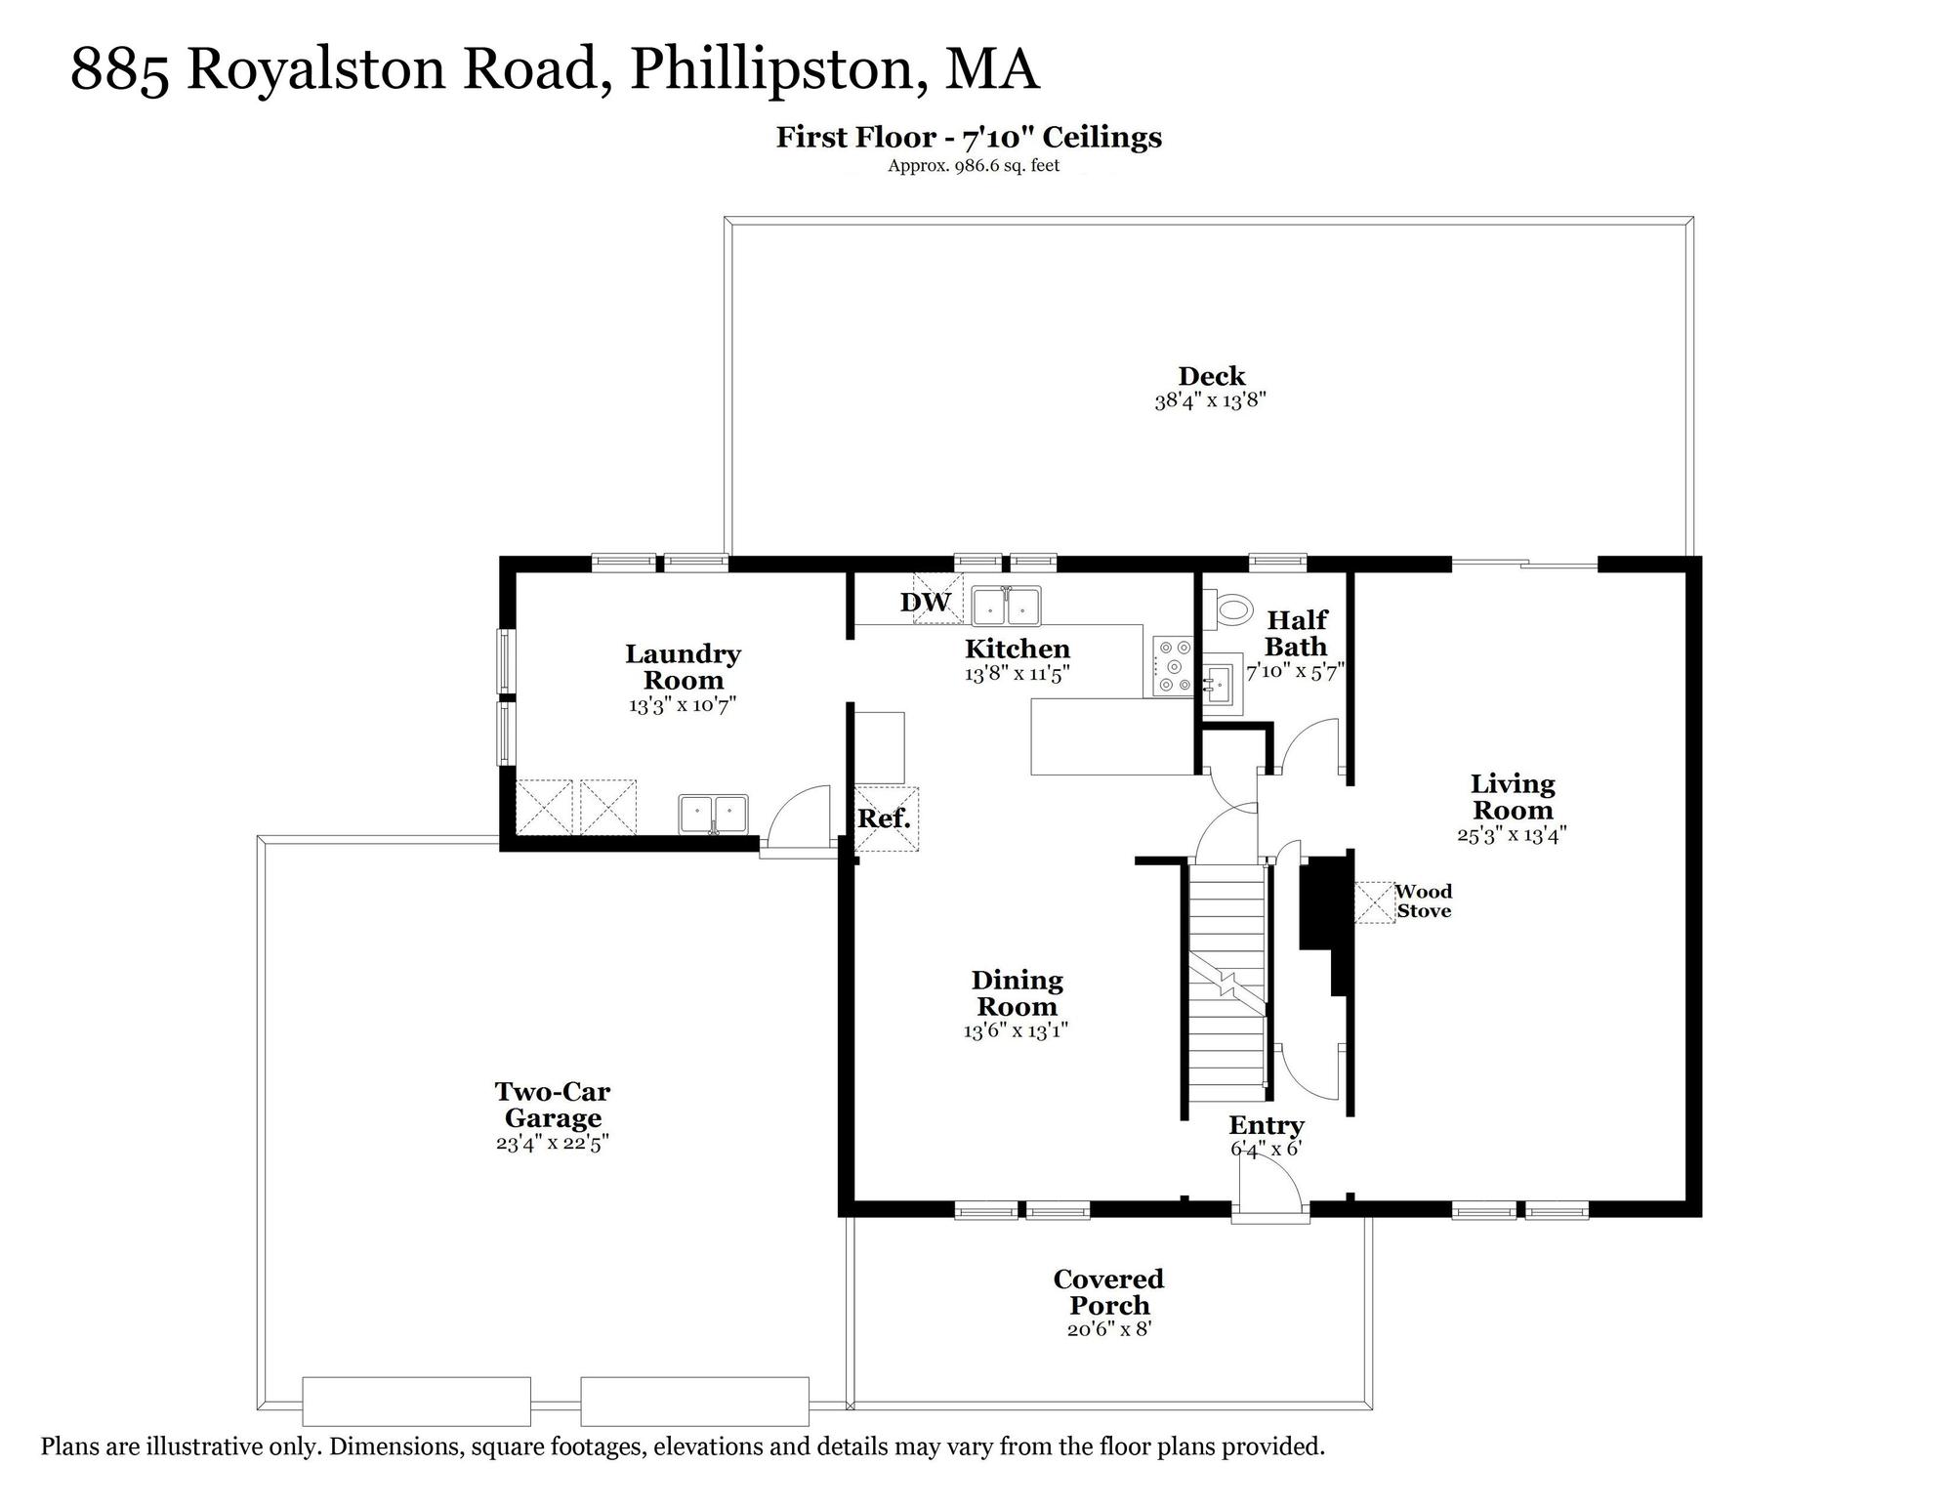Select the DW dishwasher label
[x=925, y=603]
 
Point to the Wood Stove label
[x=1423, y=901]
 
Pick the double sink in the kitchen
[x=1007, y=606]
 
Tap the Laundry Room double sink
[x=714, y=815]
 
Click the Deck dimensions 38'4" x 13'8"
[x=1211, y=400]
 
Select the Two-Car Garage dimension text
[x=553, y=1143]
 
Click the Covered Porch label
[x=1109, y=1292]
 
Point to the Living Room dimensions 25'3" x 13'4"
[x=1512, y=835]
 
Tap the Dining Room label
[x=1017, y=993]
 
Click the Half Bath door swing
[x=1310, y=747]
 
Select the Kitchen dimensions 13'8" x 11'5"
[x=1018, y=674]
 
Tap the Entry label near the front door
[x=1267, y=1126]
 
